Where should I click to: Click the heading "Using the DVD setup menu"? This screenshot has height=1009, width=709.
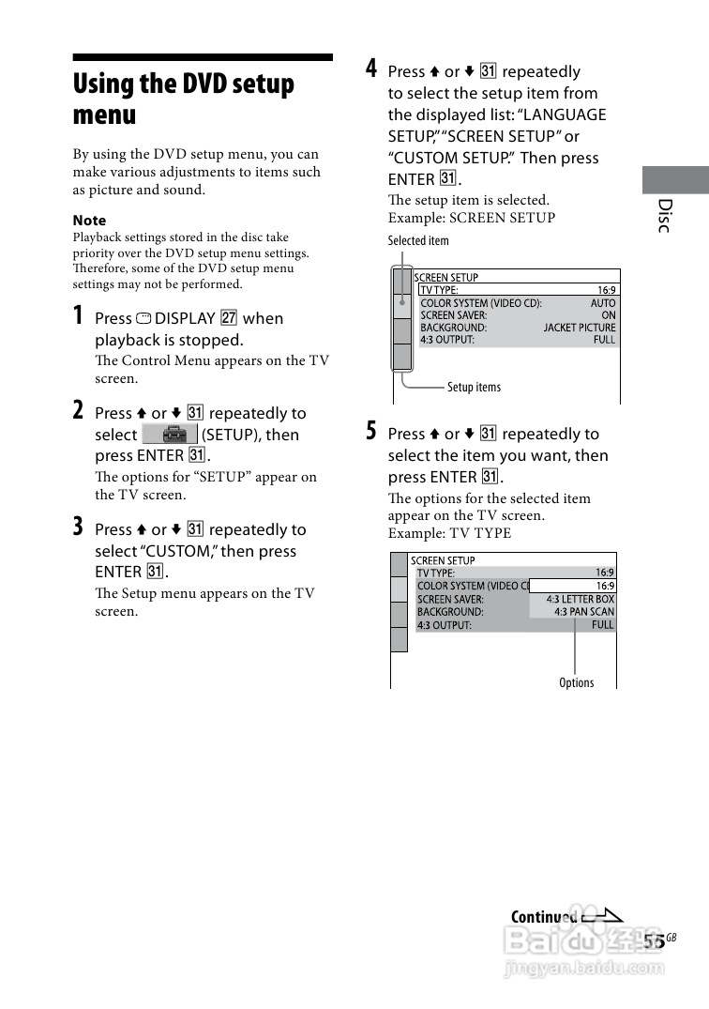click(184, 99)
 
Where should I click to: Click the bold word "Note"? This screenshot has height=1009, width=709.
click(90, 221)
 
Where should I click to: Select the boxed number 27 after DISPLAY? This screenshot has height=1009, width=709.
click(229, 318)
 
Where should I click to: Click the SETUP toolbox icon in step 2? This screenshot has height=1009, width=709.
click(170, 435)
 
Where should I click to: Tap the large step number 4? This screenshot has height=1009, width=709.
click(371, 69)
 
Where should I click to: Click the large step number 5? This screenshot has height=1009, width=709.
click(371, 431)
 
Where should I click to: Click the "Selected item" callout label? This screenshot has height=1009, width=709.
click(418, 241)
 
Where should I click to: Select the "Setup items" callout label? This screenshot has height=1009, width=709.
click(474, 387)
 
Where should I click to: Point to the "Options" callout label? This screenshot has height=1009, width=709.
click(576, 682)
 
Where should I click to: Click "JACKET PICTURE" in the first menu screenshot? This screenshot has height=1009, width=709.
click(580, 328)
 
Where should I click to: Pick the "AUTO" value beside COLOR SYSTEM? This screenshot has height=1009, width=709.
click(603, 303)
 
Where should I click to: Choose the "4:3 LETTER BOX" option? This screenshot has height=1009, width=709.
click(581, 599)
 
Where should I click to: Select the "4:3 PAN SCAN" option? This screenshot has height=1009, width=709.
click(584, 612)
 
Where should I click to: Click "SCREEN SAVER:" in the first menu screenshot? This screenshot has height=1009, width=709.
click(453, 315)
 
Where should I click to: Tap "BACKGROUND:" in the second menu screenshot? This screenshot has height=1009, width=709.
click(450, 612)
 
